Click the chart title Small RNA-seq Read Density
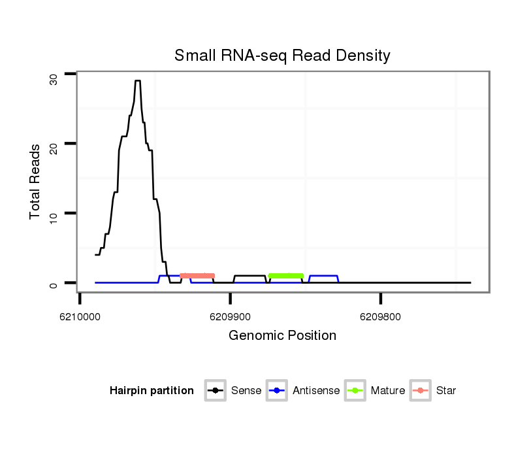(282, 56)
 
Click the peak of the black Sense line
(138, 81)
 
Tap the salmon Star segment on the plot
(197, 276)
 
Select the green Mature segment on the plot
(286, 276)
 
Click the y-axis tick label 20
(54, 148)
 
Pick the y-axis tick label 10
(54, 218)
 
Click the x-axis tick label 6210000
(80, 316)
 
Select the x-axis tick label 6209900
(230, 316)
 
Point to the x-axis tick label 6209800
(380, 316)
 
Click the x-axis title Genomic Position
(282, 336)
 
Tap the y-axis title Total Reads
(35, 182)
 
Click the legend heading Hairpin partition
(152, 391)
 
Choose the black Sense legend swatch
(215, 391)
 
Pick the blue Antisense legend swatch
(278, 391)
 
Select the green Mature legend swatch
(355, 391)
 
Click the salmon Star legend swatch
(421, 391)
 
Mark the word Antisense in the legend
(316, 391)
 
